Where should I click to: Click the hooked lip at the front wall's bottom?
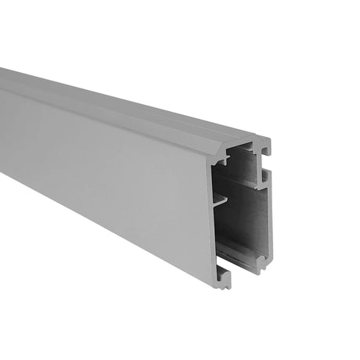tap(222, 276)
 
